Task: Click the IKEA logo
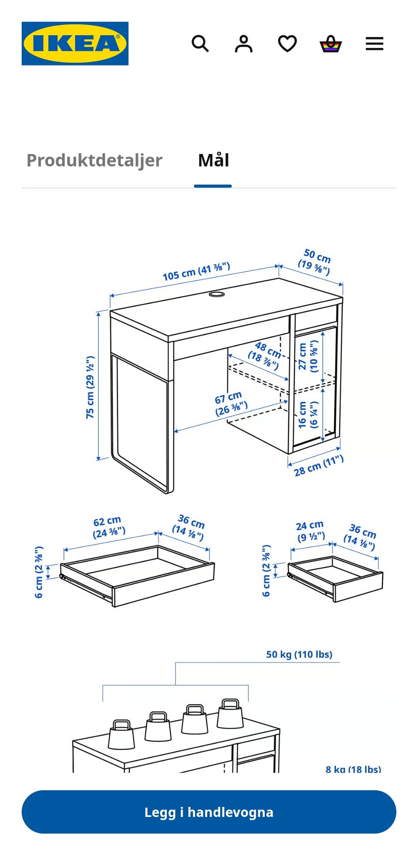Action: [75, 44]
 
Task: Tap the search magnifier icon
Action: [200, 44]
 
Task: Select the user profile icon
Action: [244, 44]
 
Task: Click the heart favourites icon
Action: [287, 44]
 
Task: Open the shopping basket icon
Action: [331, 44]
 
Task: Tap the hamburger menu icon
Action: [374, 44]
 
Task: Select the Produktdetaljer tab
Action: [94, 160]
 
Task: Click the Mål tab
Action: [213, 160]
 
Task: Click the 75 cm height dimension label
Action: [90, 387]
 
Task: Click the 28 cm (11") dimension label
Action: [319, 466]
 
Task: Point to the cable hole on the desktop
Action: [216, 295]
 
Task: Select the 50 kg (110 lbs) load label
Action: [299, 654]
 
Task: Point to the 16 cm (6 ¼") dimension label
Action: [308, 415]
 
